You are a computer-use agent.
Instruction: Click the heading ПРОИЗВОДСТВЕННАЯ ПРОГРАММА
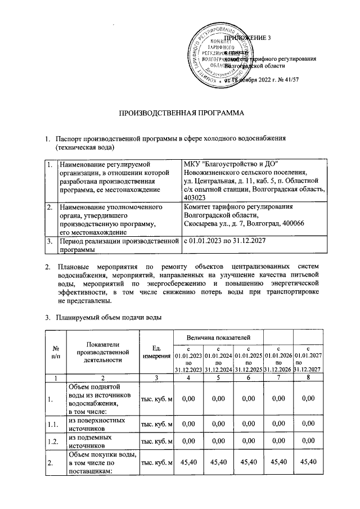point(180,114)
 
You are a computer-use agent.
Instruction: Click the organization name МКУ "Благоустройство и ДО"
point(231,164)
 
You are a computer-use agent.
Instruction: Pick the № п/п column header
point(57,352)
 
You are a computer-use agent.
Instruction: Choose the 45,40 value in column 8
point(309,462)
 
